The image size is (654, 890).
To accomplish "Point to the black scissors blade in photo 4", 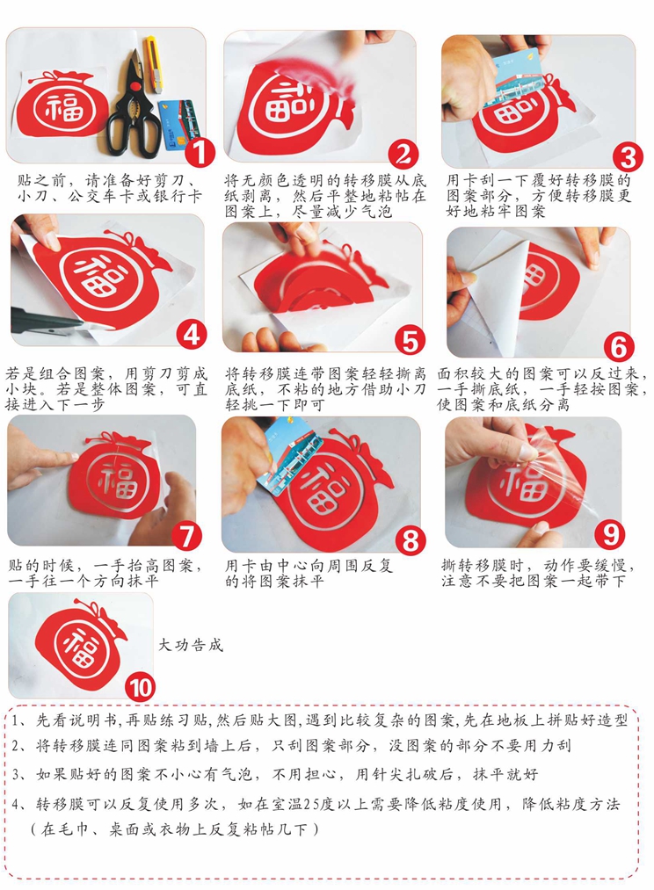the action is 47,321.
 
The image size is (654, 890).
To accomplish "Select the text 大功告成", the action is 190,645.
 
